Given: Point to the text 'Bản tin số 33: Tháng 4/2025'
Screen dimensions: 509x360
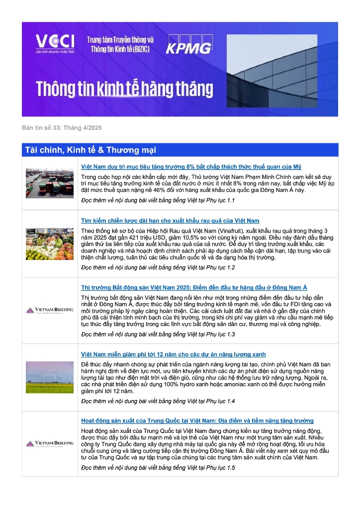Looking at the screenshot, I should tap(62, 128).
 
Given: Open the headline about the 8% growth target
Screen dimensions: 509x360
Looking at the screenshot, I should tap(191, 167).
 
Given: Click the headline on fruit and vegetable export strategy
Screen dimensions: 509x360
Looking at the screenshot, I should tap(170, 220).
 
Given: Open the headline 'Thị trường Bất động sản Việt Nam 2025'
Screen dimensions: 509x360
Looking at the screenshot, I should tap(194, 287).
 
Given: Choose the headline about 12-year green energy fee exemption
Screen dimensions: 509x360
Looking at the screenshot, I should tap(174, 354).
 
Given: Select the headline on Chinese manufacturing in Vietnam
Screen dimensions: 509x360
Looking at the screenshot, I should tap(197, 421).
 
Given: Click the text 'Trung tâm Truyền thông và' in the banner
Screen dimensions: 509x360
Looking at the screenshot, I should tap(120, 39).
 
